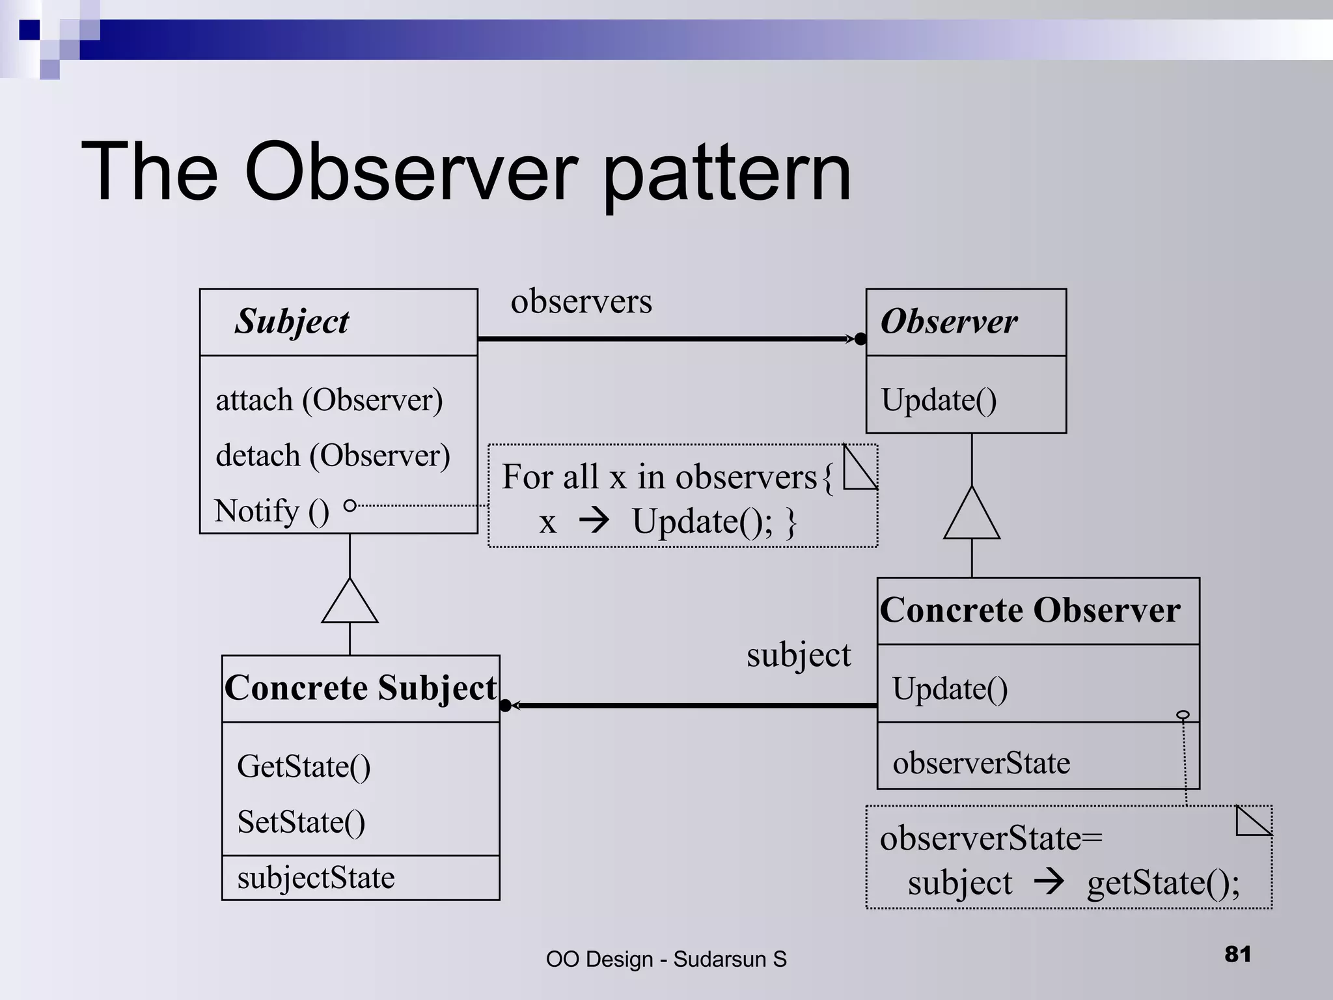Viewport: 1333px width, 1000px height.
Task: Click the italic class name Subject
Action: (292, 322)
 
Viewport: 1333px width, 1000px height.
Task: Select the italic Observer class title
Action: (948, 321)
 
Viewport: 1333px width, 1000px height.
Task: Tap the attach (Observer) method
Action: (329, 400)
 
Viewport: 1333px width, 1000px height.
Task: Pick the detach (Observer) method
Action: (333, 455)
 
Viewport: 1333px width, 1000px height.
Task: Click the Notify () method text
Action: (271, 511)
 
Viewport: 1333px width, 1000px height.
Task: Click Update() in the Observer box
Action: (939, 400)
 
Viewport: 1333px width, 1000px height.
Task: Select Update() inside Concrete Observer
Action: (950, 689)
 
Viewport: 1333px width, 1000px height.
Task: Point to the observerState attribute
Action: (981, 762)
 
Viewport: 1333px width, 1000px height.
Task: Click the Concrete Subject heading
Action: (361, 688)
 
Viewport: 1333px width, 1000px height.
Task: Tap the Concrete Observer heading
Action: (1030, 610)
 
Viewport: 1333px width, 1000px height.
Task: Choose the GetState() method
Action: (303, 766)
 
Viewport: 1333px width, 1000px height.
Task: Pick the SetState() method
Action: (301, 822)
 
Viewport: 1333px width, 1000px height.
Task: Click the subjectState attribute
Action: (316, 878)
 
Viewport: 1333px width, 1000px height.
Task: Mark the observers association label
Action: (581, 301)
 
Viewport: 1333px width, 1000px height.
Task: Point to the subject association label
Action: (798, 655)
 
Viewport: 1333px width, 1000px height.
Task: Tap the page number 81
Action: (1237, 954)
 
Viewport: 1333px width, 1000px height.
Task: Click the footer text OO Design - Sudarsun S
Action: (666, 959)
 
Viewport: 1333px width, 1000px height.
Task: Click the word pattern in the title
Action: (726, 174)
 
